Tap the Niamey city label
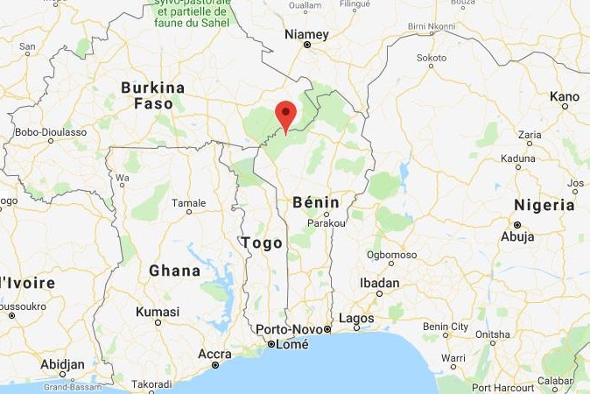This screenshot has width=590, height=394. pyautogui.click(x=307, y=35)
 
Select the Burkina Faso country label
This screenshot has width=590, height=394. pyautogui.click(x=153, y=95)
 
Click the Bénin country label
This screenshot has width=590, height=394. pyautogui.click(x=315, y=201)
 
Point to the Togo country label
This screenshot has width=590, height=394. pyautogui.click(x=261, y=243)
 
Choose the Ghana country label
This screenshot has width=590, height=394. pyautogui.click(x=174, y=271)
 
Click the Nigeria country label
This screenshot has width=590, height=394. pyautogui.click(x=544, y=206)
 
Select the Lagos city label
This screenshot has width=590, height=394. pyautogui.click(x=356, y=319)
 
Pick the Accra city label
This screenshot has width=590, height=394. pyautogui.click(x=214, y=354)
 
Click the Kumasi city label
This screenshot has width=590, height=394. pyautogui.click(x=158, y=312)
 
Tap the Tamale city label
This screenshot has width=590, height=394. pyautogui.click(x=189, y=203)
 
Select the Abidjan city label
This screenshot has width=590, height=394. pyautogui.click(x=62, y=364)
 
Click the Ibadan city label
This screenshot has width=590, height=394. pyautogui.click(x=380, y=284)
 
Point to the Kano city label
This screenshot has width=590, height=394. pyautogui.click(x=565, y=96)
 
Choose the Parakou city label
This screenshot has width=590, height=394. pyautogui.click(x=326, y=222)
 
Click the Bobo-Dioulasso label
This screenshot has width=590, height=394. pyautogui.click(x=51, y=132)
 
